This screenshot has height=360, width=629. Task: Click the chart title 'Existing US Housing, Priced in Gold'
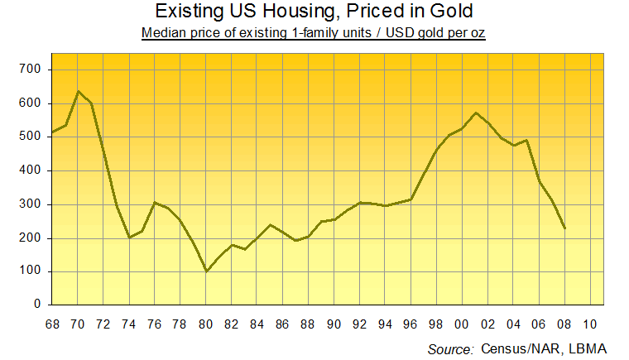pos(314,12)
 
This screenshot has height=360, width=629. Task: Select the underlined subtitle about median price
pos(314,33)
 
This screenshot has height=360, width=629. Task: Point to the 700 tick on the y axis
pos(31,70)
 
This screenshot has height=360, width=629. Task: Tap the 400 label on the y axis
pos(31,170)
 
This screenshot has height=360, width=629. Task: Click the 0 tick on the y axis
pos(37,305)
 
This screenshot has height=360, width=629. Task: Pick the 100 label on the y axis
pos(31,271)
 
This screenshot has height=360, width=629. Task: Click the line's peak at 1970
pos(78,91)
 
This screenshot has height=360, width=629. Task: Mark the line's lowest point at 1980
pos(207,271)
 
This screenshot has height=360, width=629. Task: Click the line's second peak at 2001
pos(476,113)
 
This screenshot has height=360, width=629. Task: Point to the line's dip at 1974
pos(129,238)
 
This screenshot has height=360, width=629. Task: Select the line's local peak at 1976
pos(155,203)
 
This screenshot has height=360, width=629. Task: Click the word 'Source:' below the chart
pos(450,349)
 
